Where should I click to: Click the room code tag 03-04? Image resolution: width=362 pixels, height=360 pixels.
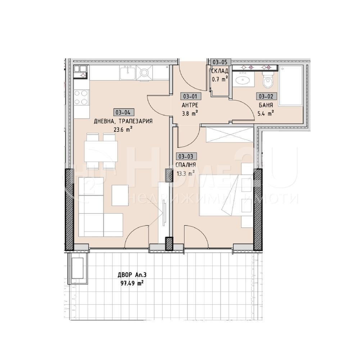click(x=123, y=112)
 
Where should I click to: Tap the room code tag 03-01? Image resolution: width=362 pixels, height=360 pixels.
click(x=190, y=96)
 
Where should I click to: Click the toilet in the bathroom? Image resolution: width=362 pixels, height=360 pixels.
click(x=268, y=80)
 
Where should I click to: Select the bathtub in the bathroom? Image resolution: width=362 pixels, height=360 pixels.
click(x=291, y=86)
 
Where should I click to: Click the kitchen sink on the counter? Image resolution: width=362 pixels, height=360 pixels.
click(x=127, y=72)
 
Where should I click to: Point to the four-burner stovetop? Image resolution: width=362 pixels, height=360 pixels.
click(x=81, y=98)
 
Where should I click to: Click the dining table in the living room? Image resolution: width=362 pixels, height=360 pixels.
click(x=101, y=152)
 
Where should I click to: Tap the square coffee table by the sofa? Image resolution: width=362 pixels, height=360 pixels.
click(x=120, y=195)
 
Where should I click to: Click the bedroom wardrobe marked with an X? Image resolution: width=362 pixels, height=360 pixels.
click(x=230, y=134)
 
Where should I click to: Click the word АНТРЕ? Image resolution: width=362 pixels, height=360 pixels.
click(x=190, y=105)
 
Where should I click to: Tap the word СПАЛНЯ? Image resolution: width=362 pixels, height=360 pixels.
click(x=186, y=165)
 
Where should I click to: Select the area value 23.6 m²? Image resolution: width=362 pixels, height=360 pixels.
click(x=123, y=129)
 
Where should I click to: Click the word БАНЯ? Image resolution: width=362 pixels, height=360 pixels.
click(x=266, y=105)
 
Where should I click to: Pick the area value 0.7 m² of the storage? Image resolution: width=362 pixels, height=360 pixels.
click(x=220, y=80)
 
